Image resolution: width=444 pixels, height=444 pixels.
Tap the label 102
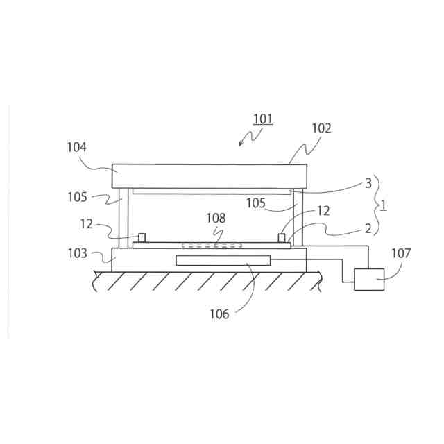(321, 128)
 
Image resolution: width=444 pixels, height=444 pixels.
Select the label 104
(76, 146)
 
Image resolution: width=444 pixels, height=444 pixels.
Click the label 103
(77, 253)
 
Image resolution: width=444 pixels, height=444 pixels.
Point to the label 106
(219, 314)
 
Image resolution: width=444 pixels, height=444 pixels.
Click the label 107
(400, 253)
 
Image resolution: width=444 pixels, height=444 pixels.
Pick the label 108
(216, 218)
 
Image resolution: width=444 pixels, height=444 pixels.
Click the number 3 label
(368, 183)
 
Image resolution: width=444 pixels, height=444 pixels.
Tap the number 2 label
(368, 228)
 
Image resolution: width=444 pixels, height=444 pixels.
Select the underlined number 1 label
(384, 205)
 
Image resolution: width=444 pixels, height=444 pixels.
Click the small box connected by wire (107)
(369, 280)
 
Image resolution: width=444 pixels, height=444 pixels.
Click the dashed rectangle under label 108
(212, 246)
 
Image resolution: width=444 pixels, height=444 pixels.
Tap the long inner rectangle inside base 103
(223, 260)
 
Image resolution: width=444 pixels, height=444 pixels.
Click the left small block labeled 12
(141, 238)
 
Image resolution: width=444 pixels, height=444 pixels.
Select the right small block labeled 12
(282, 238)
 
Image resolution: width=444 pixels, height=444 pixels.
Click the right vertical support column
(298, 217)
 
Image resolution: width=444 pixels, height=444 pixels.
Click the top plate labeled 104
(209, 176)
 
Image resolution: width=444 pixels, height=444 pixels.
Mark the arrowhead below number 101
(240, 144)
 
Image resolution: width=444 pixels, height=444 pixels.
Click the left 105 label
(77, 197)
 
